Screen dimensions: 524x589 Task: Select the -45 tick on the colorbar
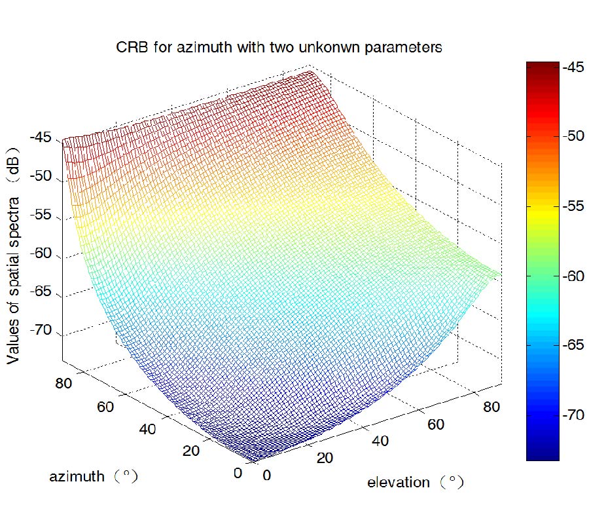pyautogui.click(x=573, y=67)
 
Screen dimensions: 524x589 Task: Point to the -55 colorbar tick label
pyautogui.click(x=573, y=206)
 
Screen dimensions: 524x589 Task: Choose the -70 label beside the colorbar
pyautogui.click(x=573, y=415)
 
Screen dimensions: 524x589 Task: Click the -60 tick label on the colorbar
pyautogui.click(x=573, y=276)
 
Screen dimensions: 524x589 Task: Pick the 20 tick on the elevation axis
pyautogui.click(x=324, y=458)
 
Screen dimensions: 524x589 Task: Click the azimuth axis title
pyautogui.click(x=93, y=476)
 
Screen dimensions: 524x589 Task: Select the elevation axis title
pyautogui.click(x=415, y=483)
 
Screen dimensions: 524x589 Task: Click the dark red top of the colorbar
pyautogui.click(x=543, y=66)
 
